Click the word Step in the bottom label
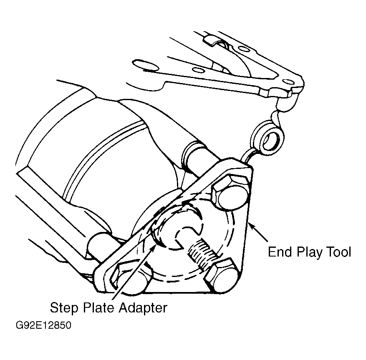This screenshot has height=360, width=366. coord(64,308)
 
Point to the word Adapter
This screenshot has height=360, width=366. coord(143,308)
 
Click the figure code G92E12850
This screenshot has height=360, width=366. coord(43,325)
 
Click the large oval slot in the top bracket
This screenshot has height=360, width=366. coord(145,65)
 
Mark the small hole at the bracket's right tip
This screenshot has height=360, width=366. coord(288,82)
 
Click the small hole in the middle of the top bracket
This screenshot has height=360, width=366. coord(198,70)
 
